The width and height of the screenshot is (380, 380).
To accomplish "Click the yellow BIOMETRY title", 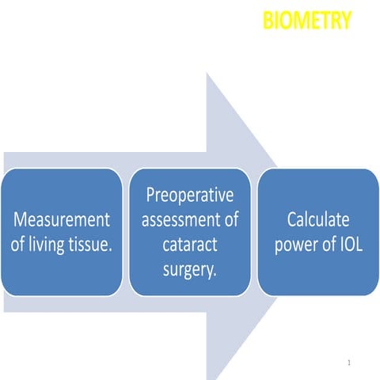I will coord(306,21).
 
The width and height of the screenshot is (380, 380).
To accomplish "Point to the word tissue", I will coord(93,245).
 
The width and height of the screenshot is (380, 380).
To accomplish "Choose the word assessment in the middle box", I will coord(180,219).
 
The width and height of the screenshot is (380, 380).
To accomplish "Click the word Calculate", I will coord(317,218).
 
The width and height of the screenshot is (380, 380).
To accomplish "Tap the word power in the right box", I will coord(296,245).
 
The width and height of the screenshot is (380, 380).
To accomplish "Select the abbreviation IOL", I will coord(348,245).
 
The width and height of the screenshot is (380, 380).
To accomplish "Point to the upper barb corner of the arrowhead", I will coord(207,73).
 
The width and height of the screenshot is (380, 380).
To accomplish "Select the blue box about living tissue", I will coord(62,231).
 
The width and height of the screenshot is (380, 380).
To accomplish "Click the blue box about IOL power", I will coord(317,231).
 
